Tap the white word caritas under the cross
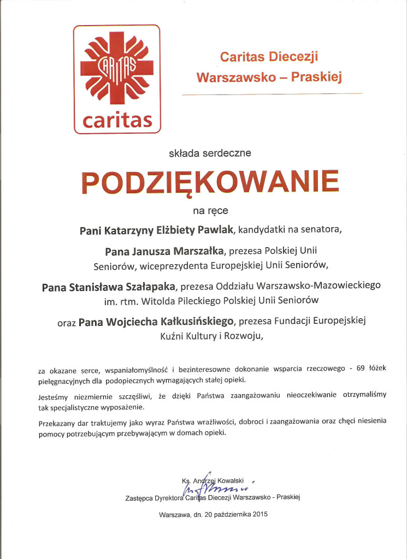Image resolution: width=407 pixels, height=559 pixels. click(x=117, y=120)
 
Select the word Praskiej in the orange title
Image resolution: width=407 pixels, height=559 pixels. click(x=316, y=77)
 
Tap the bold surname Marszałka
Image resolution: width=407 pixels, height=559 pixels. click(x=197, y=251)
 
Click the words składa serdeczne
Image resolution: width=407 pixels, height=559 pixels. click(x=210, y=153)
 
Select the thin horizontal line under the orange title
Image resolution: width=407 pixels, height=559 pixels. click(x=272, y=94)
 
